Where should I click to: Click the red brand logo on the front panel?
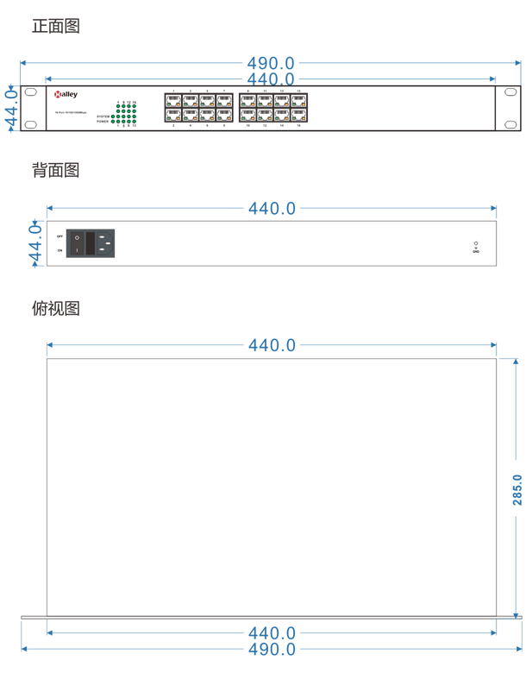point(57,97)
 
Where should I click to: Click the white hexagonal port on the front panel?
point(155,108)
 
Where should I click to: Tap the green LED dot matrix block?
point(127,113)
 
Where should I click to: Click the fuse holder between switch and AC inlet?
point(90,243)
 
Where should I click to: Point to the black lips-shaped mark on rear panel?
point(471,245)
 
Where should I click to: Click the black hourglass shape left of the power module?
point(58,243)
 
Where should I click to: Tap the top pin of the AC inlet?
point(102,236)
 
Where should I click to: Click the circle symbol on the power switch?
point(77,237)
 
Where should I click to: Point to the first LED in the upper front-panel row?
point(168,104)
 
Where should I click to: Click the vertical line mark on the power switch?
point(77,250)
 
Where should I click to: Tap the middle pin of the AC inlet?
point(108,243)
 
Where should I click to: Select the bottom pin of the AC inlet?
point(102,250)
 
